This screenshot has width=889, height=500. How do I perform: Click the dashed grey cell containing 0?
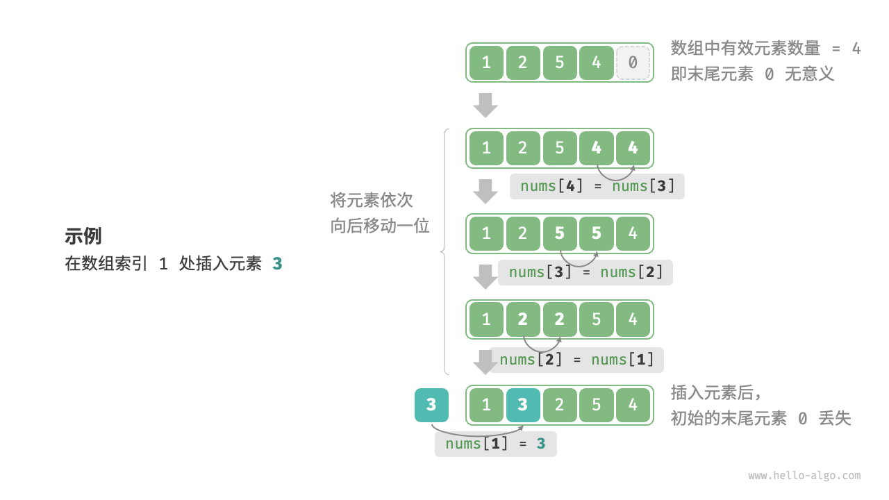point(633,62)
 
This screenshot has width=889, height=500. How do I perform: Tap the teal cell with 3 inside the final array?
point(523,405)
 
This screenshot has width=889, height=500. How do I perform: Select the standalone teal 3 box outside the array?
point(431,405)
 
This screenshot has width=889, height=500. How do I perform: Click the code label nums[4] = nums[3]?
point(597,186)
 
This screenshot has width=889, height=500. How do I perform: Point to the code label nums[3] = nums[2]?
point(585,272)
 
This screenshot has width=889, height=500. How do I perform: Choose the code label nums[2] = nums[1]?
point(576,360)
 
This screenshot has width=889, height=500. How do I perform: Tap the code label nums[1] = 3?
point(495,444)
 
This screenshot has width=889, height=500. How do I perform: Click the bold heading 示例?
point(83,236)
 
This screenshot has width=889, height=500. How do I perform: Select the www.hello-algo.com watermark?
point(804,476)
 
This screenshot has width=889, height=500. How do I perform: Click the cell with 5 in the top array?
point(559,62)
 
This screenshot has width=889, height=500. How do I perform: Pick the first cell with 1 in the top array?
point(486,62)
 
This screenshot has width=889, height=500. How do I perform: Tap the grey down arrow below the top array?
point(485,105)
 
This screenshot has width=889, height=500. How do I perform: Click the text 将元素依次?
point(372,201)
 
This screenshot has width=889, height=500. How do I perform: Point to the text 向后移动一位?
point(380,226)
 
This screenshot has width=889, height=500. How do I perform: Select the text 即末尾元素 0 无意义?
point(752,74)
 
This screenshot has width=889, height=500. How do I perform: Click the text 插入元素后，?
point(716,392)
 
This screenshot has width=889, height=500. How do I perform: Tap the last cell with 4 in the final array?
point(633,405)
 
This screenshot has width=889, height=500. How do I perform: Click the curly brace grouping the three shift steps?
point(445,251)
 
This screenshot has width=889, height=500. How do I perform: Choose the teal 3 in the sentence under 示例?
point(277,264)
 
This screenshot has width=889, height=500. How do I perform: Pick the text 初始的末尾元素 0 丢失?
point(761,418)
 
